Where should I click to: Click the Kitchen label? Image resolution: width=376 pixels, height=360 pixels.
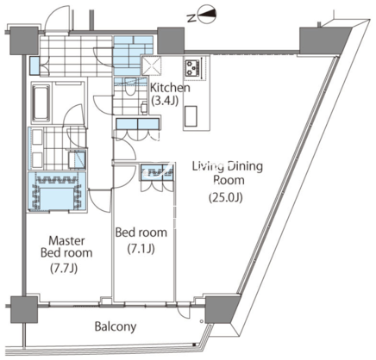point(170,88)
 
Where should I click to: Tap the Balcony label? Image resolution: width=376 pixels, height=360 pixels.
point(116,326)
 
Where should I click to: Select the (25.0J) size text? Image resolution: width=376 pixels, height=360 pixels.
point(226,197)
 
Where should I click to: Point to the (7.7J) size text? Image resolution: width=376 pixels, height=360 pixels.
point(64,269)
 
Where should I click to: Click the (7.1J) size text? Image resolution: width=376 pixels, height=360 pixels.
point(141,249)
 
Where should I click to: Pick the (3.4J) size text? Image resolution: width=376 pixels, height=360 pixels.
point(165,101)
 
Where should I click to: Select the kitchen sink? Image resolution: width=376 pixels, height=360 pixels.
point(191,116)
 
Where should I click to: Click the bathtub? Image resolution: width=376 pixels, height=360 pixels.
point(41,103)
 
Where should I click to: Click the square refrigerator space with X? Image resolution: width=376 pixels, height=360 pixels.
point(152,65)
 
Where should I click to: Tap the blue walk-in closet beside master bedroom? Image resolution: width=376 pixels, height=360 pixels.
point(57,191)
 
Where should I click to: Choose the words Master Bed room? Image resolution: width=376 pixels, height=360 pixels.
point(66,246)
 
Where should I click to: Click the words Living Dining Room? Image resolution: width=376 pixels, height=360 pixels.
point(228,173)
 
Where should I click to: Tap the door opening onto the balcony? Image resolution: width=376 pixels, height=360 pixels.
point(183,309)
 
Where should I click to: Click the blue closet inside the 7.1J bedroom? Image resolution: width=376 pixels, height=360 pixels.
point(157,172)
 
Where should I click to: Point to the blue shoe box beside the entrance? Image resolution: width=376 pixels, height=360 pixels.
point(34,65)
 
